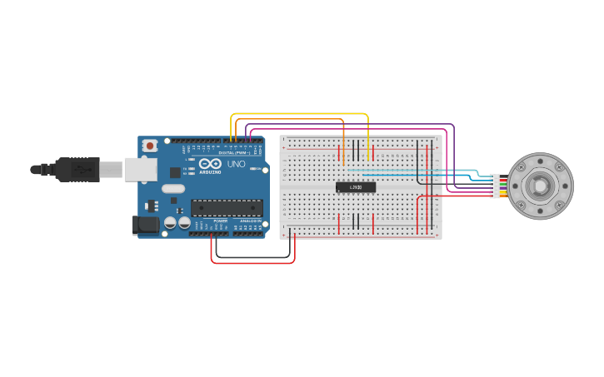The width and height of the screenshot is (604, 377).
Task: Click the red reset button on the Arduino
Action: coord(149,146)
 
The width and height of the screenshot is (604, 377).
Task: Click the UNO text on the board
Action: coord(237,164)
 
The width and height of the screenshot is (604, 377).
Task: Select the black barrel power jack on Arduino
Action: coord(146,224)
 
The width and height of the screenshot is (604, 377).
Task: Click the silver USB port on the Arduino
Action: coord(140,170)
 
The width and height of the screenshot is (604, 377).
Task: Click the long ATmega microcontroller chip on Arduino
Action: coord(227,208)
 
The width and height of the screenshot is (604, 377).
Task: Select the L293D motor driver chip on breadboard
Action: coord(356,187)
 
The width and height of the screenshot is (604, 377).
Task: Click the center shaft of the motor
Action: coord(541,186)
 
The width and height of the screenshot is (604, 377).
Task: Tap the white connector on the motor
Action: coord(496,186)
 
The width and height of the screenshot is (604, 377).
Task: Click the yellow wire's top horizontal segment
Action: coord(300,114)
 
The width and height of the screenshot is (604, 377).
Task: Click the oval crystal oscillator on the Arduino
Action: coord(173,189)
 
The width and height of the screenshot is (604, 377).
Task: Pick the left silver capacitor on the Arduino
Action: coord(170,222)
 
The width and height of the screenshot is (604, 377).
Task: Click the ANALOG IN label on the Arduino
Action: coord(249,221)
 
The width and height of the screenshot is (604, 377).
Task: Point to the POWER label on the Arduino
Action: coord(220,221)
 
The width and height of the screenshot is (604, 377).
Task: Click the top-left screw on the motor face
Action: coord(521,167)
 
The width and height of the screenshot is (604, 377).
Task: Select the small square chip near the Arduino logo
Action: coord(176,172)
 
